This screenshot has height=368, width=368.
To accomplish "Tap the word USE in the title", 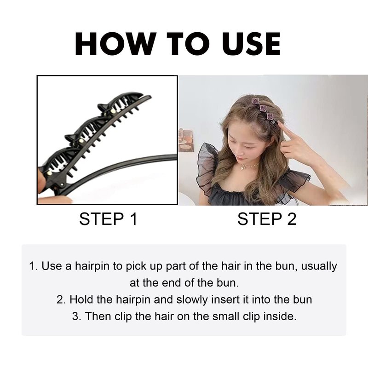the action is click(x=251, y=44).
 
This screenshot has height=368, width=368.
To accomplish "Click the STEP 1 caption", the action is click(x=108, y=219).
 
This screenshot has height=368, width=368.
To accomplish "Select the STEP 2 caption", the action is click(x=267, y=219).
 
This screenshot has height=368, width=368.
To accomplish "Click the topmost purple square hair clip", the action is click(x=255, y=101).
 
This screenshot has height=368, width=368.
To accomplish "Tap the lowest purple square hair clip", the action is click(x=270, y=116).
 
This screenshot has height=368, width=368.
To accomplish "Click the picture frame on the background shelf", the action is click(x=186, y=141).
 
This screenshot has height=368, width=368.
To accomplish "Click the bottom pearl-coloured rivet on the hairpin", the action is click(x=49, y=173).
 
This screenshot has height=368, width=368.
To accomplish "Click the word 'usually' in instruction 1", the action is click(x=319, y=266).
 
